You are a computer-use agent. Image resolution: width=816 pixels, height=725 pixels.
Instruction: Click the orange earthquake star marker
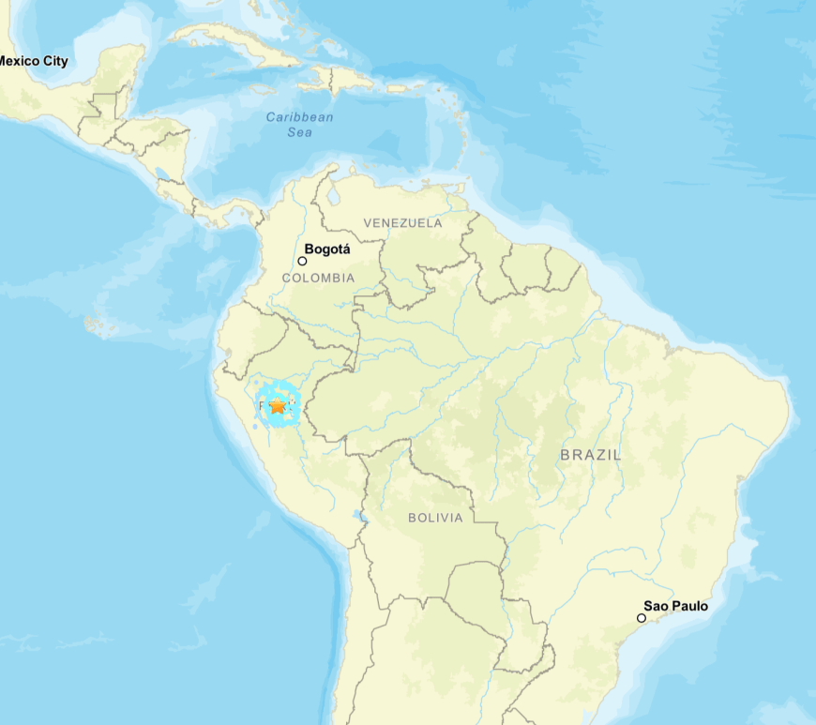(x=277, y=406)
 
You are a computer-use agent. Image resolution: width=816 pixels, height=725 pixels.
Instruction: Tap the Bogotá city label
(x=327, y=249)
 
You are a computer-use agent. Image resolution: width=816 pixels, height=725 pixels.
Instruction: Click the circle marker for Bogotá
(x=302, y=261)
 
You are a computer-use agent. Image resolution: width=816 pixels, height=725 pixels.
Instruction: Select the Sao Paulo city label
(x=675, y=606)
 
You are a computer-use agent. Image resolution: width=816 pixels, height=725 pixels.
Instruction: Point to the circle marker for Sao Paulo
(x=642, y=617)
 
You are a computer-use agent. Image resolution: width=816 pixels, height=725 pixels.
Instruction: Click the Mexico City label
(x=34, y=61)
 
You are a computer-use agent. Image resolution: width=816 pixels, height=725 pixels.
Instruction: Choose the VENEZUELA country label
(x=402, y=223)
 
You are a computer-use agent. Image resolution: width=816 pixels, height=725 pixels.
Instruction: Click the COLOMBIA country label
(x=318, y=278)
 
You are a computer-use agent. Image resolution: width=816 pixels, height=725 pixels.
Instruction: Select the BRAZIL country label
(x=590, y=455)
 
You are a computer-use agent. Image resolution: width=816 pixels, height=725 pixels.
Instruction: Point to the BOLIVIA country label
(x=435, y=518)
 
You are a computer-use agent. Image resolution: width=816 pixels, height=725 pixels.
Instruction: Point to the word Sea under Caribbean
(x=300, y=132)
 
